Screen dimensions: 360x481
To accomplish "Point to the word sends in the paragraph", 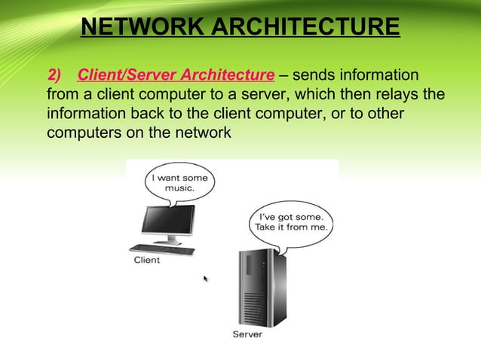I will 314,75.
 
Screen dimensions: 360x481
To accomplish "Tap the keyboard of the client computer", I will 162,249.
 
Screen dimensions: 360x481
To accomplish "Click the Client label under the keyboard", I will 147,261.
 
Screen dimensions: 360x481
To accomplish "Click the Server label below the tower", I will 247,334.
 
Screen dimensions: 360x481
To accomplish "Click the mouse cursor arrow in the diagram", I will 206,279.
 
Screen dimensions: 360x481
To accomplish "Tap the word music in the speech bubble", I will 180,189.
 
